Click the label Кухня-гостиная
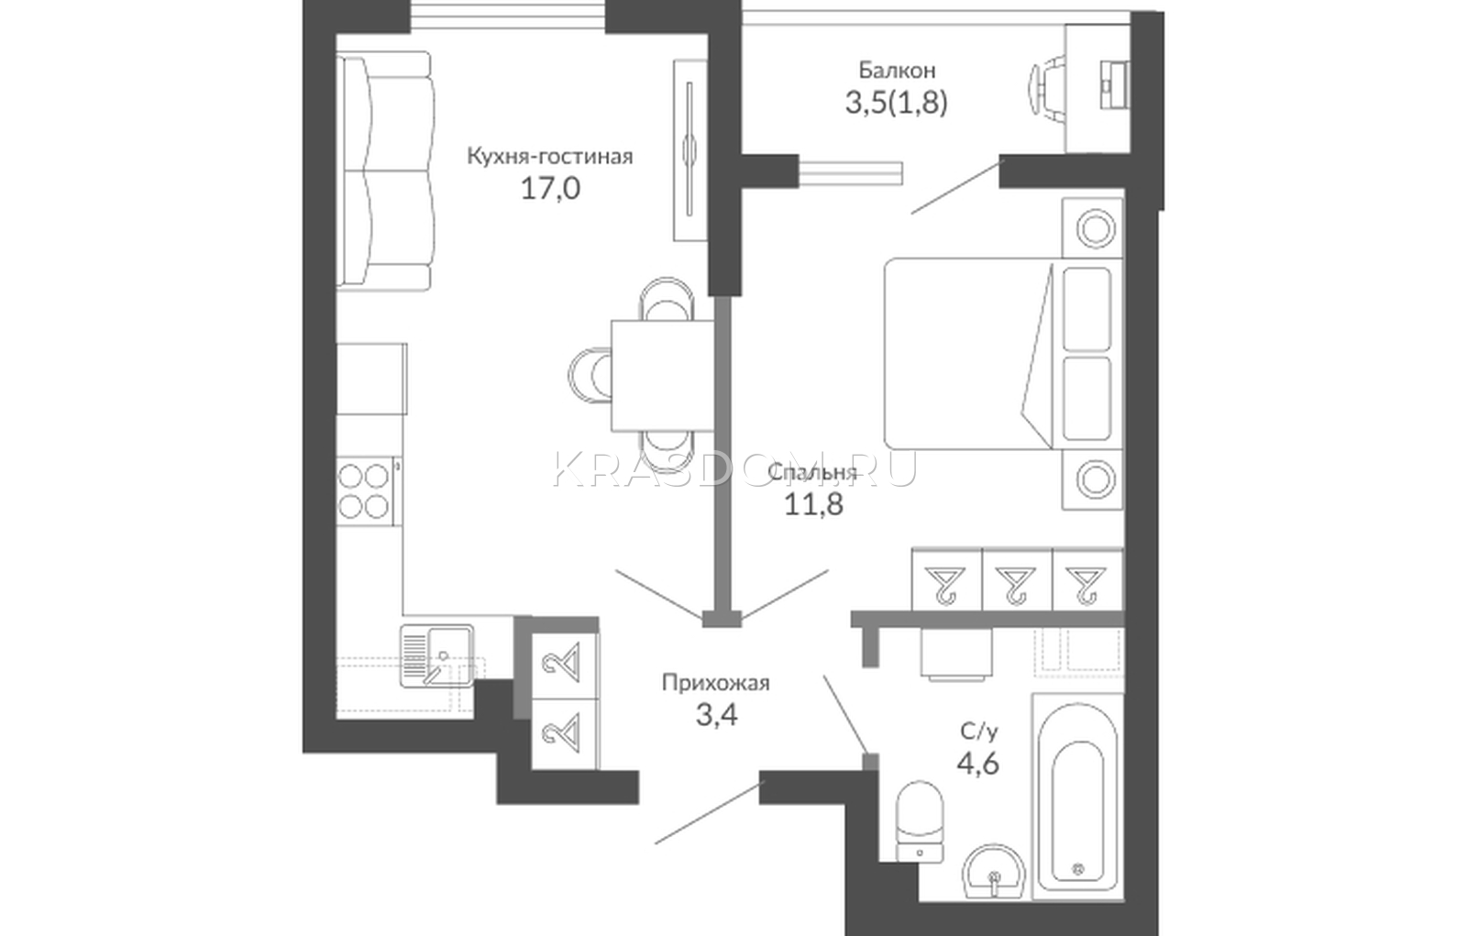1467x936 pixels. coord(549,157)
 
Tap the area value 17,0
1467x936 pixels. coord(550,189)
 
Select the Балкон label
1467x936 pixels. coord(897,70)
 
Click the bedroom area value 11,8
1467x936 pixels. coord(813,504)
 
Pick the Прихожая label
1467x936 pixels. coord(715,683)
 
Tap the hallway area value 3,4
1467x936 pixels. coord(716,715)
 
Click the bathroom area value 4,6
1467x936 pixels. coord(977,764)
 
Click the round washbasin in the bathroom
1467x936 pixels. coord(994,872)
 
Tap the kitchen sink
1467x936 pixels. coord(436,655)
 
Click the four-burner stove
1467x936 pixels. coord(365,490)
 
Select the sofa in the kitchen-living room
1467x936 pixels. coord(384,171)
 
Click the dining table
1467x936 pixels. coord(662,375)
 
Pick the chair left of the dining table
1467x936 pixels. coord(590,375)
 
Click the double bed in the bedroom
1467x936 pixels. coord(1003,354)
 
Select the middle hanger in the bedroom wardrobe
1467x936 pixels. coord(1016,584)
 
